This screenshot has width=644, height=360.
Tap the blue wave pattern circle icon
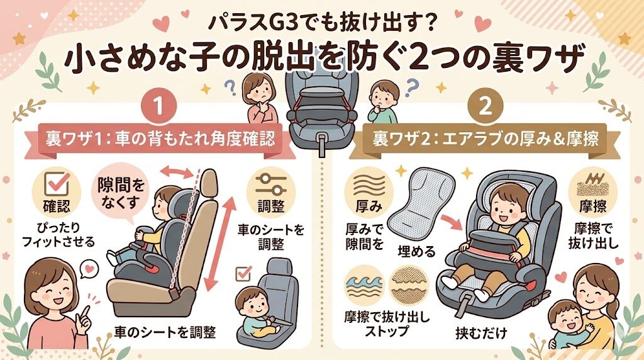tap(364, 284)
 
